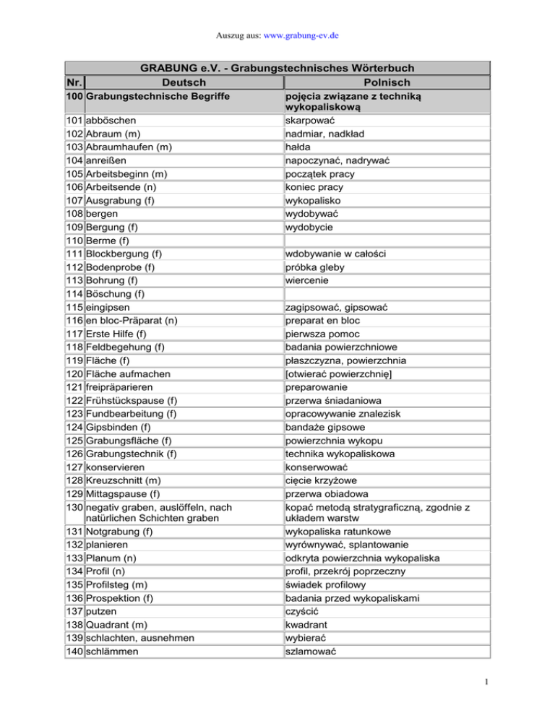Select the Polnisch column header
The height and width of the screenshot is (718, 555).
click(388, 83)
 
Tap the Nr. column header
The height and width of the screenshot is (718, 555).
click(74, 83)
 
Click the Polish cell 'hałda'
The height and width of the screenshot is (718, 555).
click(302, 147)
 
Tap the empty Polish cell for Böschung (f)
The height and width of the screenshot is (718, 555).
click(387, 294)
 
